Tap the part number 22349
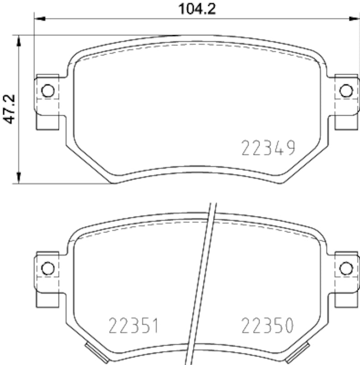(268, 148)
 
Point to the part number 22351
(134, 326)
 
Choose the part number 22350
(267, 326)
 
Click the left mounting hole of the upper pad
(47, 91)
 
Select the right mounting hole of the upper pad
(346, 91)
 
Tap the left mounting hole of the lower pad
(47, 268)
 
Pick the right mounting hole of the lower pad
(346, 268)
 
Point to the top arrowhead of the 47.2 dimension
(19, 40)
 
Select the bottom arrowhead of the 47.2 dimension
(19, 178)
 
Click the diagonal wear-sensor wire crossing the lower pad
(203, 283)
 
